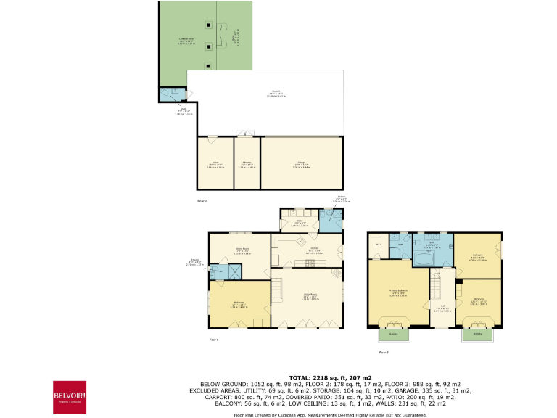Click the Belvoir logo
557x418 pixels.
point(70,396)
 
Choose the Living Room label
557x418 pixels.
point(310,297)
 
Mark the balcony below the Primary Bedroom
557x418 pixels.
point(393,334)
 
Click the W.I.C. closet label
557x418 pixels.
point(378,245)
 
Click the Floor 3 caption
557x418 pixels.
point(384,352)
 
